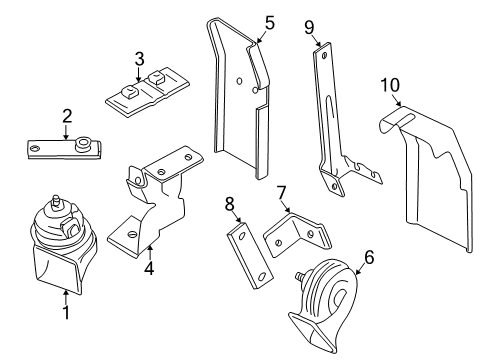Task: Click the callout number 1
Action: click(66, 312)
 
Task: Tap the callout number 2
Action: click(67, 116)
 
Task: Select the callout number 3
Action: click(140, 59)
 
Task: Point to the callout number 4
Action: click(149, 268)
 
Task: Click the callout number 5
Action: click(270, 23)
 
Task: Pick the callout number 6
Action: click(369, 257)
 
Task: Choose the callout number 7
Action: click(281, 193)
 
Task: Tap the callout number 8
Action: click(230, 204)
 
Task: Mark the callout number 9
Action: click(309, 27)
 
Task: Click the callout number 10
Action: click(390, 85)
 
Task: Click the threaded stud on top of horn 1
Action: click(56, 201)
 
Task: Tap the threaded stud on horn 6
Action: click(300, 277)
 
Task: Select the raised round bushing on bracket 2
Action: click(82, 144)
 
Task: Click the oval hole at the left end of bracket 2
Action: click(35, 148)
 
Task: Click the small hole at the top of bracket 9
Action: click(324, 55)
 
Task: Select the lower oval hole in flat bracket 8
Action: click(262, 276)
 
